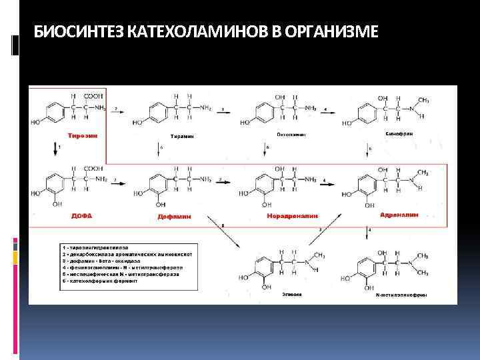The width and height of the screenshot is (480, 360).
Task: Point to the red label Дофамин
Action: click(175, 216)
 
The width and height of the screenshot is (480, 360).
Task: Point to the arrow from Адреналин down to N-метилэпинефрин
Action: click(371, 233)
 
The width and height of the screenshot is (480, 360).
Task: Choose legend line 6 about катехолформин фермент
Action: click(100, 281)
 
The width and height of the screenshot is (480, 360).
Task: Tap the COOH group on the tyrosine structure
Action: click(93, 95)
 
